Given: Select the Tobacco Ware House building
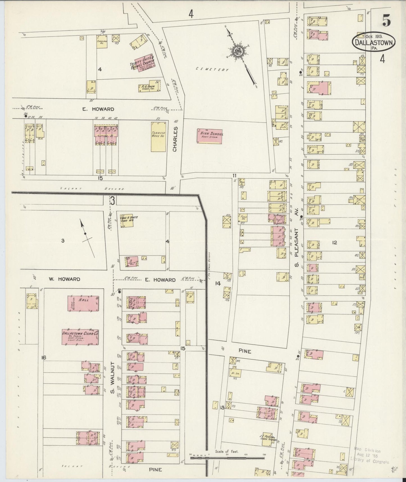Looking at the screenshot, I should [158, 136].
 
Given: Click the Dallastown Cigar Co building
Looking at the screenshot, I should [80, 336].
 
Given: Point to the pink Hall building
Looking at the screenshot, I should [83, 303].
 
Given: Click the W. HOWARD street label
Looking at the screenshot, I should [64, 279].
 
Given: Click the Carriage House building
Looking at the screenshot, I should [102, 41].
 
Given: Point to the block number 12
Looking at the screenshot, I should [334, 242].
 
